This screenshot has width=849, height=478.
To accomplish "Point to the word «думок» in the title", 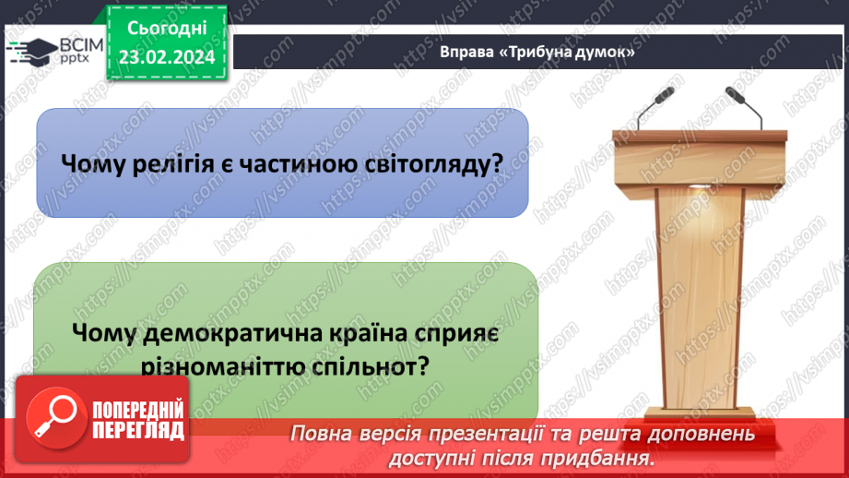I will [x=605, y=53].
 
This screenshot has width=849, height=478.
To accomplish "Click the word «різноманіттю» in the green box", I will [x=214, y=366].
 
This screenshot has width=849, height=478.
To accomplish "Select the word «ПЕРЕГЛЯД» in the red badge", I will [x=138, y=430].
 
